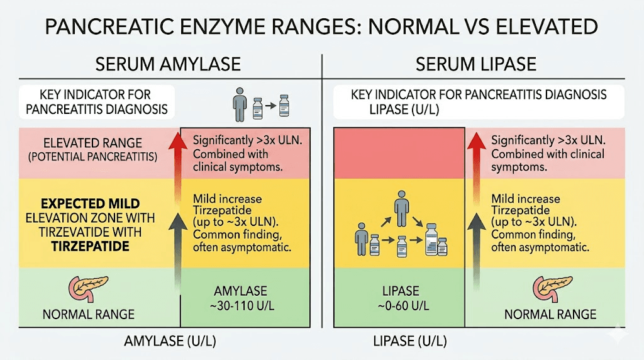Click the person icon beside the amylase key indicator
click(237, 103)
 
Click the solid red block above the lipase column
click(399, 152)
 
